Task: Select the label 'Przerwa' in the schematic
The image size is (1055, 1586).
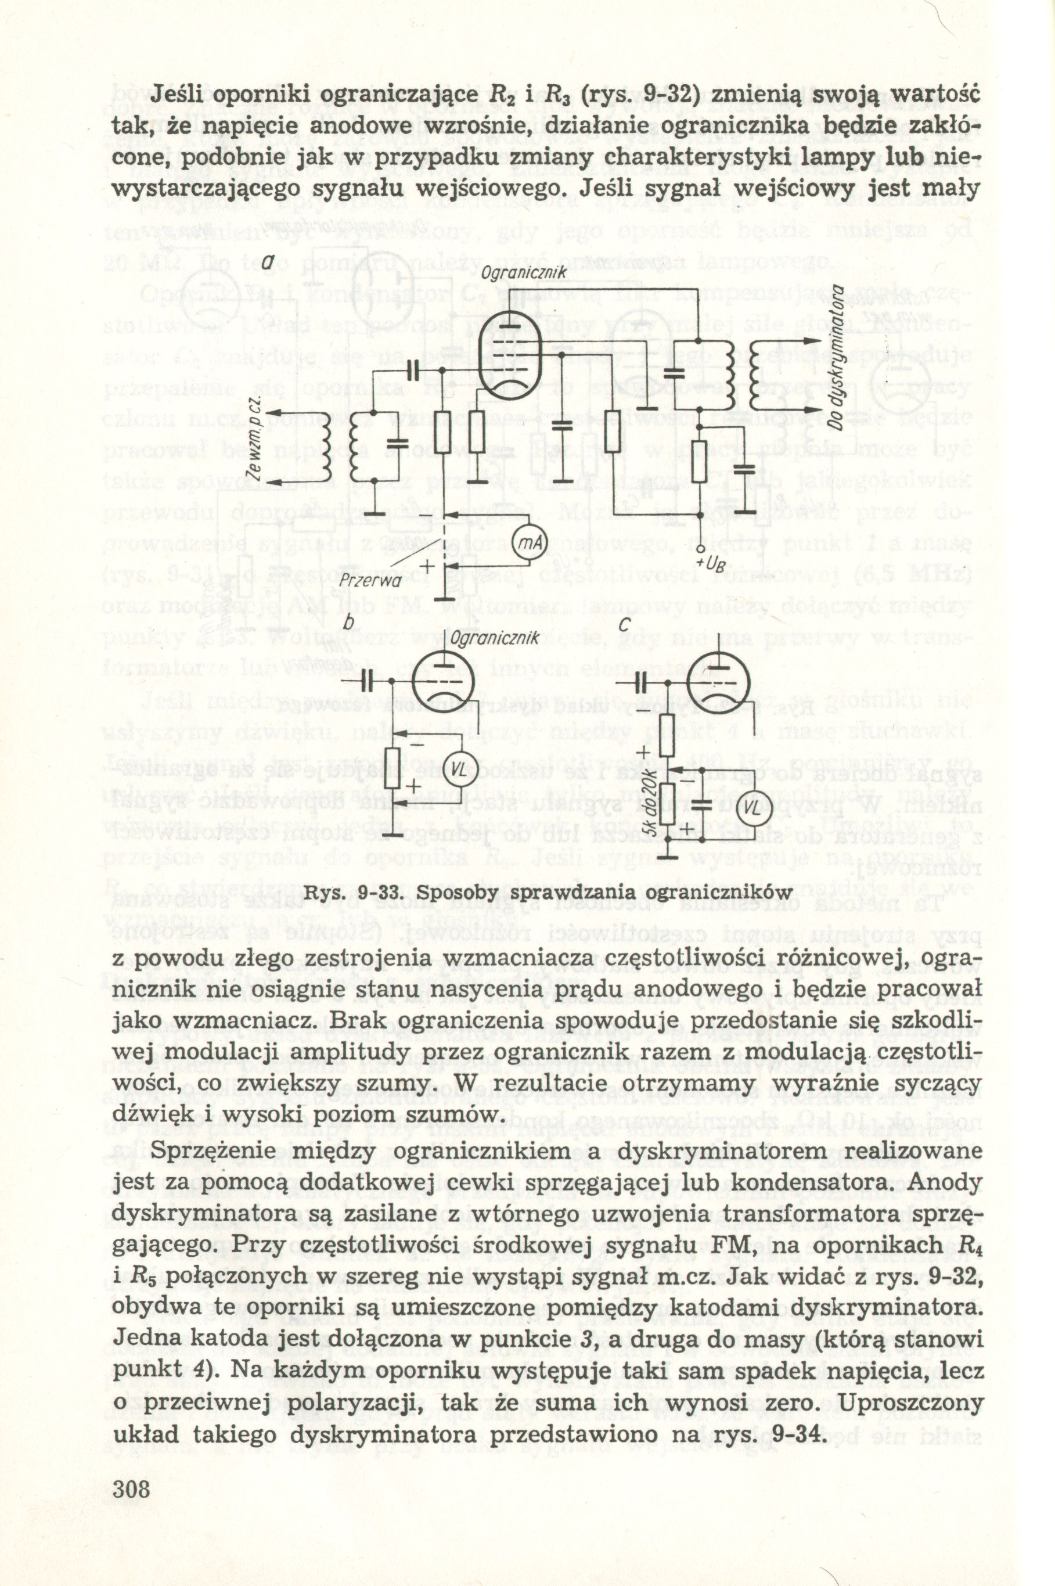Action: [x=372, y=578]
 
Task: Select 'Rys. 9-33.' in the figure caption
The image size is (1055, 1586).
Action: [x=344, y=892]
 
